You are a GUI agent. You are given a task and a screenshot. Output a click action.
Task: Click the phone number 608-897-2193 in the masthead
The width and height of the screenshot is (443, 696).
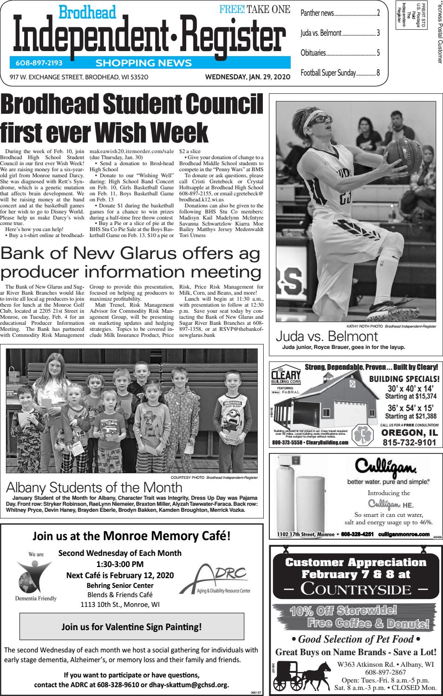pyautogui.click(x=36, y=63)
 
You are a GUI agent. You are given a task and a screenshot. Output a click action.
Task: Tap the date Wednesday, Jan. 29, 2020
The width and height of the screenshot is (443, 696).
pyautogui.click(x=248, y=77)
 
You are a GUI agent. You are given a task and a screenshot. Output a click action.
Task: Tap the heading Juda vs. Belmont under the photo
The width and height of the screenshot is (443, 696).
pyautogui.click(x=327, y=336)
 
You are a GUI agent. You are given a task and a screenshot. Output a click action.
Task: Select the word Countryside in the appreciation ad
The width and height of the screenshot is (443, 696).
pyautogui.click(x=356, y=589)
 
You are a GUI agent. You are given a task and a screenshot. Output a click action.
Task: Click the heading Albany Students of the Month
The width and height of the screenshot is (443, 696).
pyautogui.click(x=94, y=487)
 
